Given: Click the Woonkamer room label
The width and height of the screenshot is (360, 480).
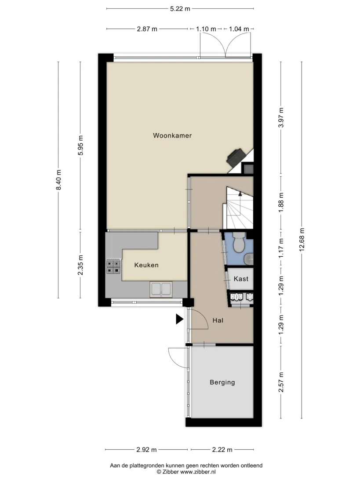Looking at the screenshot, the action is point(172,135).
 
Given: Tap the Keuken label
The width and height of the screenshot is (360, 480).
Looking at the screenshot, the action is point(146,265).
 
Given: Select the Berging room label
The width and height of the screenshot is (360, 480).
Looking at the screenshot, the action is point(222,382).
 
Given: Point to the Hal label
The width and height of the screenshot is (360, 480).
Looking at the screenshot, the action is point(218,320).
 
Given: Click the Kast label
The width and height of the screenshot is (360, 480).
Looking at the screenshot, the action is point(241,279).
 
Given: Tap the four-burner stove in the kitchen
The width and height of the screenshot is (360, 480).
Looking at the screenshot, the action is point(113,266).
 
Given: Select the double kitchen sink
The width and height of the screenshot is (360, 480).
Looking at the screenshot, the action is point(161,289).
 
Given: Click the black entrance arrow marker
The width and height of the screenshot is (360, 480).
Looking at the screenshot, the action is point(179,319).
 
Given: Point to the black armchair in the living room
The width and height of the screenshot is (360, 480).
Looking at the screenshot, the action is point(236,157).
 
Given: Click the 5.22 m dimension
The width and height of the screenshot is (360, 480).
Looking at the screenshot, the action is point(180,9).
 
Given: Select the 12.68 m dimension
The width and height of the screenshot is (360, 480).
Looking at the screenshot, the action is point(302,240).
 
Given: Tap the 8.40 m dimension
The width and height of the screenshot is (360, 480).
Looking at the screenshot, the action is point(58,180).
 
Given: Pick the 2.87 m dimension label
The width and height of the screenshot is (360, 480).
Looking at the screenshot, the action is point(147,29).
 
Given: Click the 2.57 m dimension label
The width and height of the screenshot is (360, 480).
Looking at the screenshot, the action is point(281,382).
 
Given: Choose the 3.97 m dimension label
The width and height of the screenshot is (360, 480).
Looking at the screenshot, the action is point(281,117).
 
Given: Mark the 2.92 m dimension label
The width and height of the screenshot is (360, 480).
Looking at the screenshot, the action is point(146,450).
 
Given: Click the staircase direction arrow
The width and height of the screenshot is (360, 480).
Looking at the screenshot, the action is point(240,193).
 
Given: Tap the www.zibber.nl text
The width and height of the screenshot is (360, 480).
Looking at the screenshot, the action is point(198,472).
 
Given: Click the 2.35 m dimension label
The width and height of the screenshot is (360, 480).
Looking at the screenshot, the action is point(80,265).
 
